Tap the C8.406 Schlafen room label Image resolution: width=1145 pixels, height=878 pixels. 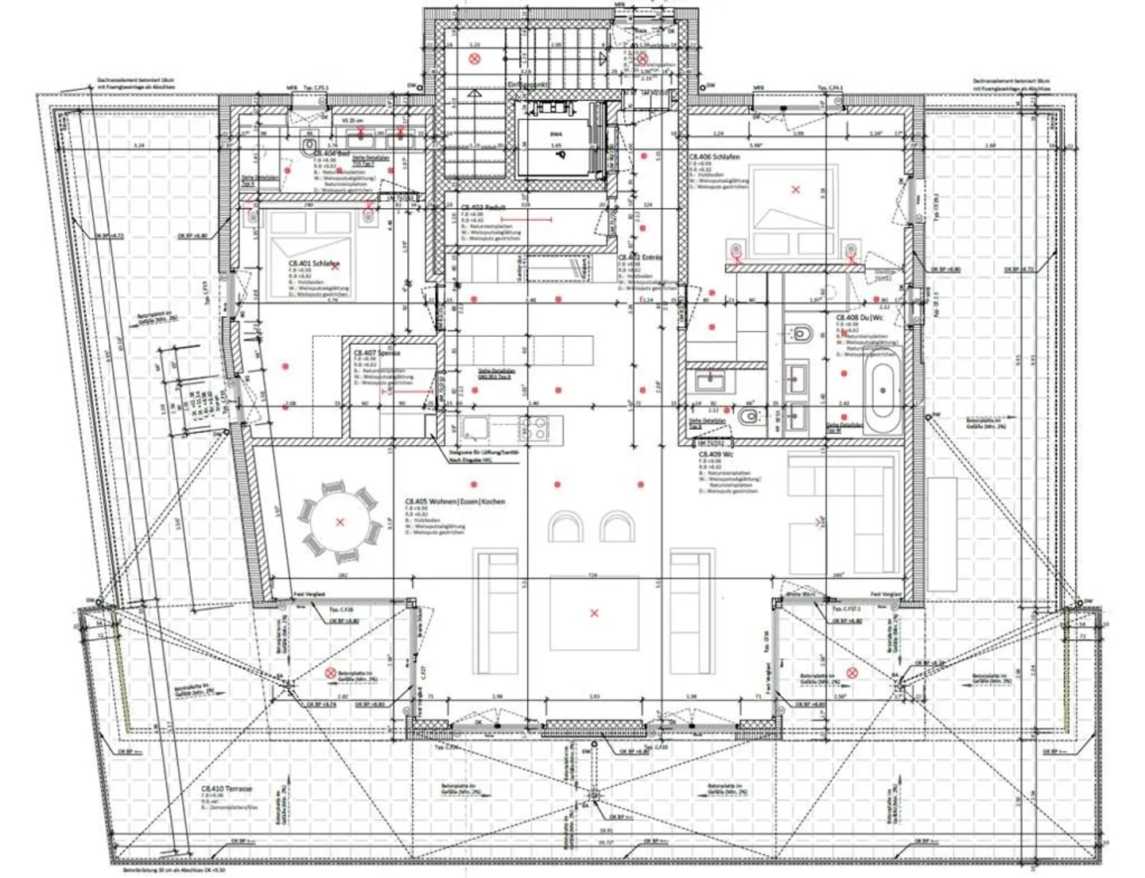point(714,157)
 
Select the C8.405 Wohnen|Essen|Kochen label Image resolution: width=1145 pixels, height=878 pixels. point(455,502)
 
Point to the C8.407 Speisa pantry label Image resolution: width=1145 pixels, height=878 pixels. point(377,352)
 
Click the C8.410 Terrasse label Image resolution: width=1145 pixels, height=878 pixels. point(227,789)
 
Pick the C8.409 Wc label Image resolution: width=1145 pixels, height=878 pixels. point(716,454)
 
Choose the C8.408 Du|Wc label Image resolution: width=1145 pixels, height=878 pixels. point(860,317)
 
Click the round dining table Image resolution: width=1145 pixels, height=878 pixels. point(340,522)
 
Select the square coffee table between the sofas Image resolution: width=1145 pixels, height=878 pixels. point(593,613)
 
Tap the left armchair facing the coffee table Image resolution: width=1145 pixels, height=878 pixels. point(566,527)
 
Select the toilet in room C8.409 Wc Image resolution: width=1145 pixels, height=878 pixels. point(747,416)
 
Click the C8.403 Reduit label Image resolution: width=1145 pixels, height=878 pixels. point(483,207)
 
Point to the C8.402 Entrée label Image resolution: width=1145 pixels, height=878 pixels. point(640,258)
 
